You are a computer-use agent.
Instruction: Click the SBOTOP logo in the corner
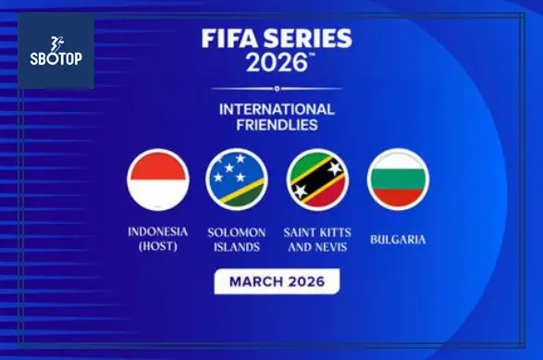[56, 52]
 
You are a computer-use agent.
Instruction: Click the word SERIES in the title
[314, 40]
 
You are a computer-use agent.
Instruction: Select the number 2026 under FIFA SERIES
[277, 65]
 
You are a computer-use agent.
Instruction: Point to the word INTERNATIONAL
[277, 108]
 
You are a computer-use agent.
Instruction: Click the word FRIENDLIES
[277, 125]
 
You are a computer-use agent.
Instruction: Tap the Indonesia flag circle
[157, 180]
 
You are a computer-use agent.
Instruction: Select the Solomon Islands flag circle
[237, 180]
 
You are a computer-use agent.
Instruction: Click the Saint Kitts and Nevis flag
[317, 180]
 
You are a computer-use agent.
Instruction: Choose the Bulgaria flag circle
[398, 180]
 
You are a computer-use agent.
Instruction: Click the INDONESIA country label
[158, 231]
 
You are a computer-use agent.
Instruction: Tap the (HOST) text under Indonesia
[158, 246]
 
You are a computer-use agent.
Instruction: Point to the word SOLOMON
[237, 231]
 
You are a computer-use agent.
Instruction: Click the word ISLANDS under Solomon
[237, 246]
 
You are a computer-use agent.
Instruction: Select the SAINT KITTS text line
[317, 231]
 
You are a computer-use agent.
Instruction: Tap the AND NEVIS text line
[317, 246]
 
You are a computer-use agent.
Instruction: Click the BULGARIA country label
[398, 239]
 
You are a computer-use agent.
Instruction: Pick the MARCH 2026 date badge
[277, 281]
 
